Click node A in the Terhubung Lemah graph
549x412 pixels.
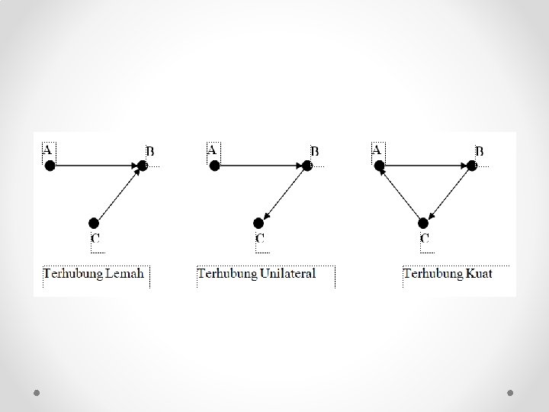coord(50,165)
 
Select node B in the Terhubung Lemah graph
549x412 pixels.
coord(143,165)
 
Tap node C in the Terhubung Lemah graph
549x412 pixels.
coord(94,223)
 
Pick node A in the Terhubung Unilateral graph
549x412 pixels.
coord(215,165)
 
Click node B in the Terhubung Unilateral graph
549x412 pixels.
coord(307,165)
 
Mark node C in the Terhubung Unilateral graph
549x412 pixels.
coord(258,223)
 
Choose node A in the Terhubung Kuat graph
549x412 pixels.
coord(380,165)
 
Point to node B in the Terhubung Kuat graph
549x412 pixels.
coord(472,165)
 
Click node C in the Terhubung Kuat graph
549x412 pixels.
coord(423,223)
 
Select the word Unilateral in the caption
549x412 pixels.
coord(287,273)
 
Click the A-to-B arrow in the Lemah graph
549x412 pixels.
coord(96,165)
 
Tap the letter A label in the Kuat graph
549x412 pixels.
coord(377,150)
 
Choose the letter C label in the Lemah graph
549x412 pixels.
coord(95,239)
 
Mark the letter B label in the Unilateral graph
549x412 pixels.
coord(314,151)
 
